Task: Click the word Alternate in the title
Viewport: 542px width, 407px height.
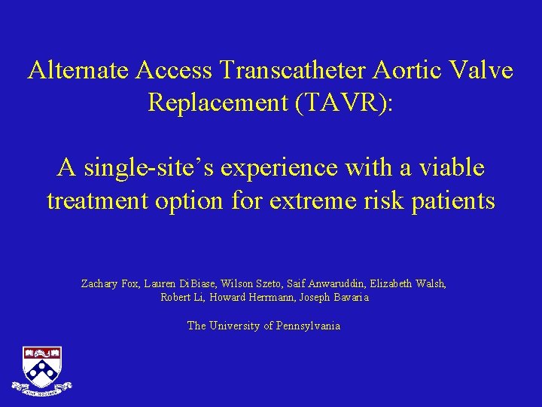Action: click(79, 71)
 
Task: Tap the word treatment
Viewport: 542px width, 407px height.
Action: click(94, 201)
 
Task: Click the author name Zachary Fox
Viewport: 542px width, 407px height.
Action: click(107, 284)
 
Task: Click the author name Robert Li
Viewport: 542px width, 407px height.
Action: click(181, 298)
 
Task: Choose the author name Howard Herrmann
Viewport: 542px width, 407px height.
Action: click(249, 298)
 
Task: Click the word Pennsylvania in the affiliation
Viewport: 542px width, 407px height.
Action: click(308, 326)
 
